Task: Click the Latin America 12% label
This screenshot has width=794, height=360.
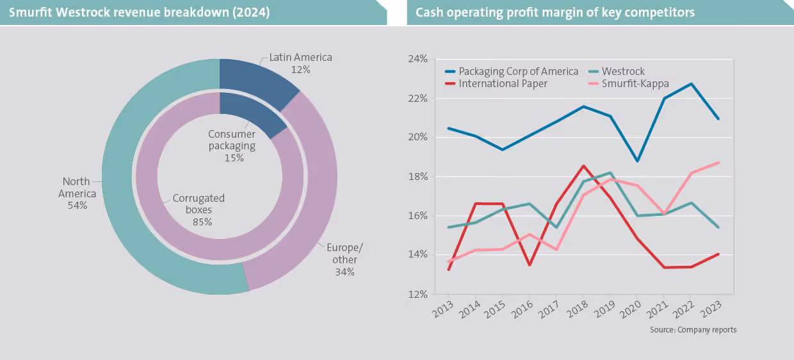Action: click(300, 63)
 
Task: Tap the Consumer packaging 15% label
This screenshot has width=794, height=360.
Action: click(231, 145)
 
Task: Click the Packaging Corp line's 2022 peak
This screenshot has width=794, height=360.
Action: click(691, 84)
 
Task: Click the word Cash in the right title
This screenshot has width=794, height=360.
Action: click(428, 13)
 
